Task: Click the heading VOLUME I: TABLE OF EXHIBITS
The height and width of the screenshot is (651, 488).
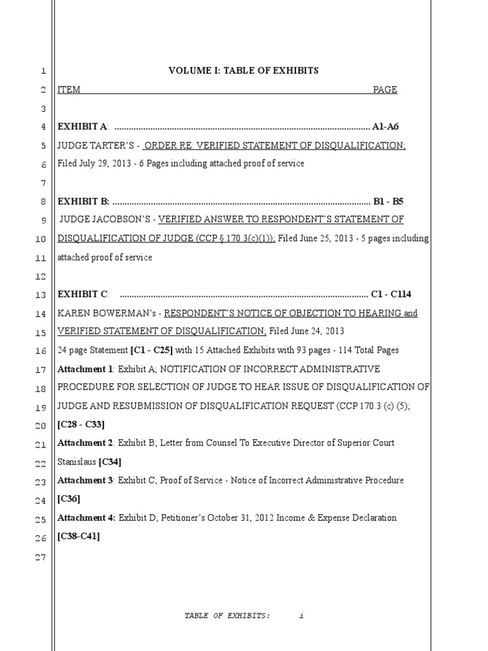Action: tap(243, 71)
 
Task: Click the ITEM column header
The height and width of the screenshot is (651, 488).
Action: tap(69, 90)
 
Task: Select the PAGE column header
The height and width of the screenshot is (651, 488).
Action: tap(384, 90)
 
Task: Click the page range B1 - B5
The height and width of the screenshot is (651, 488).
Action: tap(388, 202)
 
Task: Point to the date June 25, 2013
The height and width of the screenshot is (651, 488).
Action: tap(326, 239)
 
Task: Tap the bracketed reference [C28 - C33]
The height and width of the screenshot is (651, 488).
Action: tap(81, 424)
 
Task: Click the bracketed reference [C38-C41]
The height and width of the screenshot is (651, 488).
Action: tap(78, 536)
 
